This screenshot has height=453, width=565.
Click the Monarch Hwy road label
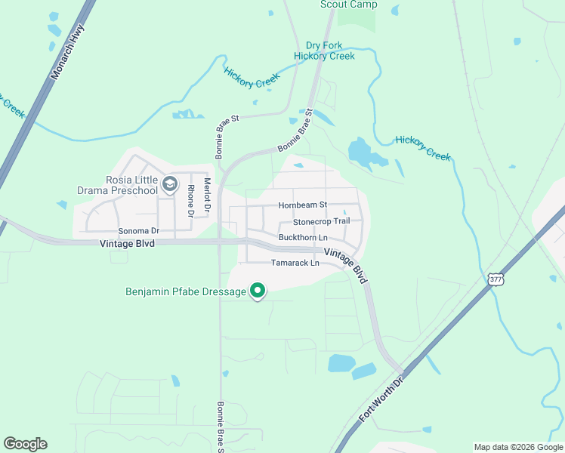(66, 53)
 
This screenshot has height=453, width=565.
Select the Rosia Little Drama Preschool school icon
(171, 183)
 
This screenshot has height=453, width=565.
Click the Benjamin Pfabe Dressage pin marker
(258, 290)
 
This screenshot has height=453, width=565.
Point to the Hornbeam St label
(302, 205)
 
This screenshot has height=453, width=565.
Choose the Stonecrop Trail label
(321, 221)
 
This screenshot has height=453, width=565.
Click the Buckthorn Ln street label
(302, 237)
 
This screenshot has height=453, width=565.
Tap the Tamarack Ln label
(295, 263)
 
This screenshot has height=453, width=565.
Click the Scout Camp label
(348, 5)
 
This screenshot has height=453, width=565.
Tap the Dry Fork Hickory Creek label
(329, 51)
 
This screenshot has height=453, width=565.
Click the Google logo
(25, 444)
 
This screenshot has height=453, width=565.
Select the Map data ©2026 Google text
(517, 447)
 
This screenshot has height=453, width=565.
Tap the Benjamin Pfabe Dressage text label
(186, 291)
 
